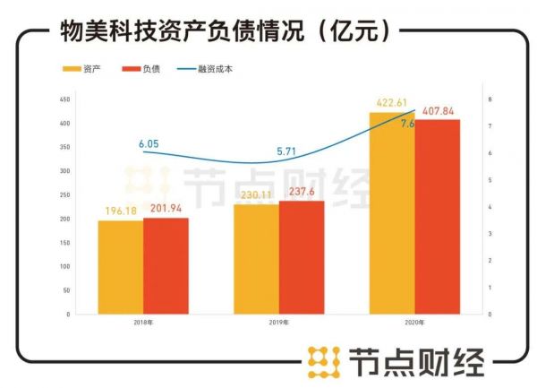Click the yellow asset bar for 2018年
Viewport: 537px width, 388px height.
pyautogui.click(x=120, y=267)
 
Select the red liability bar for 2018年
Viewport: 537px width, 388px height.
pyautogui.click(x=166, y=265)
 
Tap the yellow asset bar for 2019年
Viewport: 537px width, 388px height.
pyautogui.click(x=256, y=259)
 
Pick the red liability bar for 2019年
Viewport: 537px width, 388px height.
pyautogui.click(x=302, y=257)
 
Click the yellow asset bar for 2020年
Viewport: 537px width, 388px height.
pyautogui.click(x=391, y=213)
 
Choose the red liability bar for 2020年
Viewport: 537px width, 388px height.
pyautogui.click(x=437, y=217)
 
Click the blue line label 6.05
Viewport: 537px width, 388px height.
pyautogui.click(x=149, y=143)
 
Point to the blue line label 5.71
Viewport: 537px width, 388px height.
pyautogui.click(x=286, y=151)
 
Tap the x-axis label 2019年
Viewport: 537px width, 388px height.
pyautogui.click(x=278, y=323)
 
